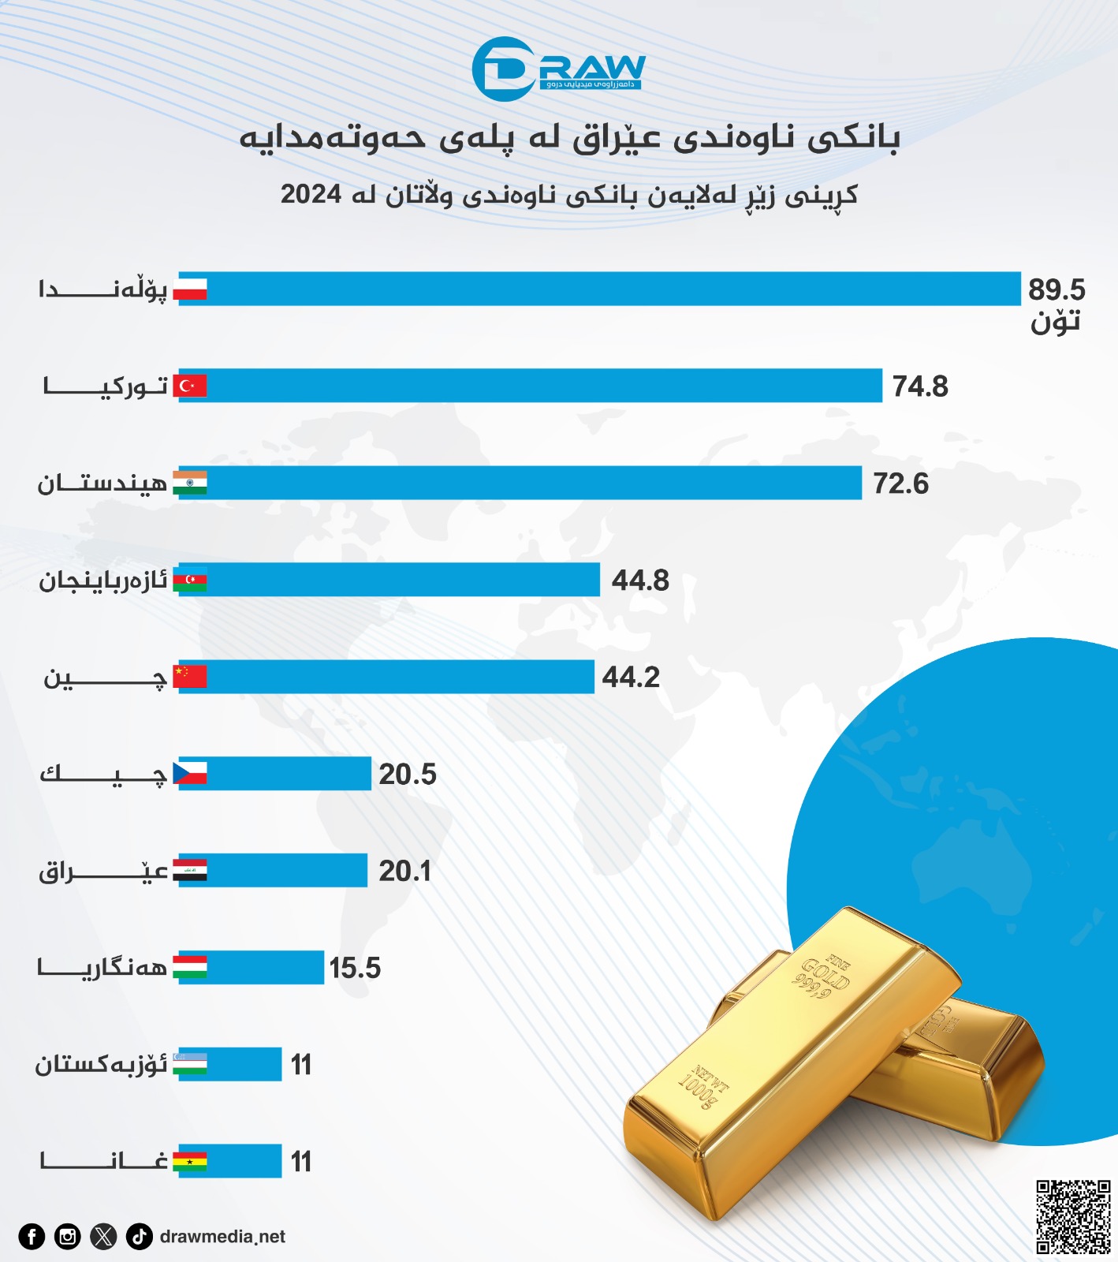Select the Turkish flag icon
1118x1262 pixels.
tap(190, 386)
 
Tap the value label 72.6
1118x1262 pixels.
tap(900, 483)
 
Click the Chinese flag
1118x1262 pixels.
tap(190, 677)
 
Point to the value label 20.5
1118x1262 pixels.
tap(407, 774)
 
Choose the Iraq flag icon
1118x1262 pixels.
tap(190, 871)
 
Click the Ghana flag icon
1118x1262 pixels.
tap(190, 1162)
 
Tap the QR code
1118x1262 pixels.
tap(1073, 1216)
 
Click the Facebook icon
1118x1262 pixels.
tap(32, 1236)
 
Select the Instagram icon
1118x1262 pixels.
tap(68, 1236)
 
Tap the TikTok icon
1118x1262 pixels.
tap(140, 1236)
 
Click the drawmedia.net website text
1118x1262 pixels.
tap(222, 1236)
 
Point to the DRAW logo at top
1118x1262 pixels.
tap(558, 69)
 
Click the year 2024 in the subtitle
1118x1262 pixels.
tap(311, 194)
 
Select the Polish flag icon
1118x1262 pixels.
tap(190, 289)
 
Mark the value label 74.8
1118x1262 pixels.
tap(919, 386)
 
